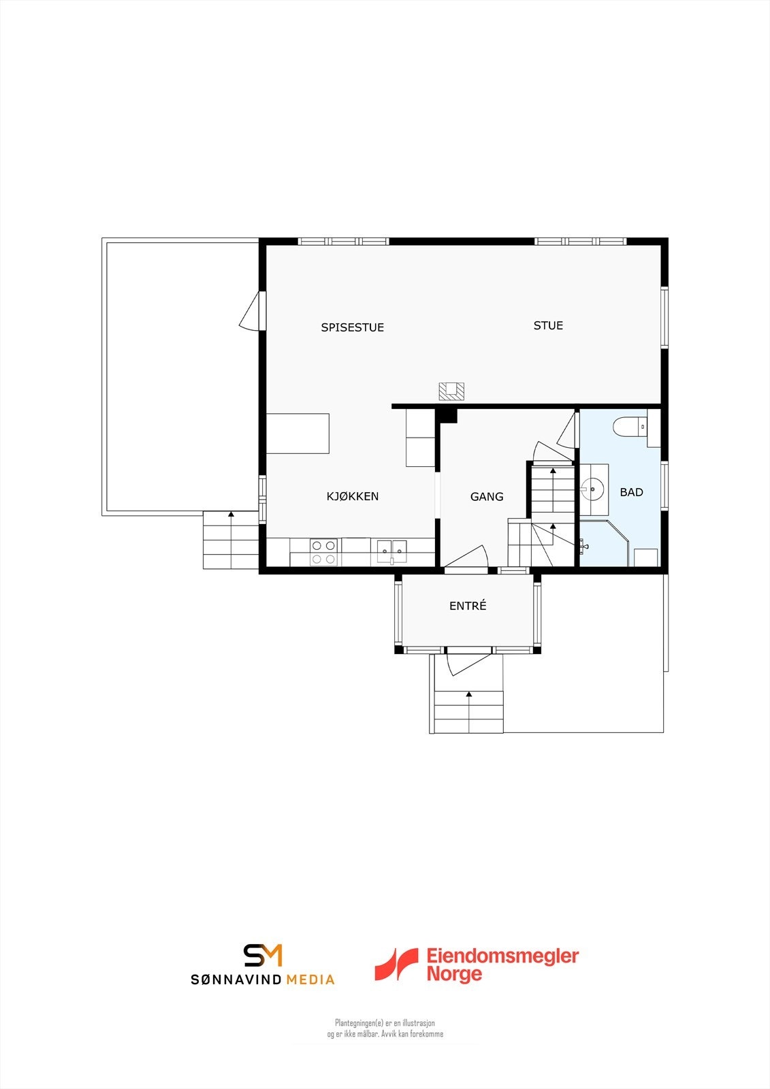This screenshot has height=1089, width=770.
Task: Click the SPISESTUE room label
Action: (352, 327)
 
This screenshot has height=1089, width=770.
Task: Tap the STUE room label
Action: (548, 325)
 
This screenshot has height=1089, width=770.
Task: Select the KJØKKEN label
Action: (353, 496)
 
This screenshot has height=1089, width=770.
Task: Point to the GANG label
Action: (487, 497)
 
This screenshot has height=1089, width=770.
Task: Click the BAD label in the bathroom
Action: (631, 492)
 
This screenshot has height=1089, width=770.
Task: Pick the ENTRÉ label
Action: (468, 606)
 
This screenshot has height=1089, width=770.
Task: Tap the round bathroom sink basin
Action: (593, 487)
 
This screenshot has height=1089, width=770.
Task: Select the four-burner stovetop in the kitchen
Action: (323, 552)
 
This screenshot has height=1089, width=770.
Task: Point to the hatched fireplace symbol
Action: (451, 391)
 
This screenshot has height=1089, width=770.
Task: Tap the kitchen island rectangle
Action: (298, 434)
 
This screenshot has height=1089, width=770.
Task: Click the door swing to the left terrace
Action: (250, 314)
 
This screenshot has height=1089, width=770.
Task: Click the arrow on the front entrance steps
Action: (469, 694)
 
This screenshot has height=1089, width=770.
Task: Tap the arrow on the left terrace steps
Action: (231, 515)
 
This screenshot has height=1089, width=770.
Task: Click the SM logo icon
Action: (263, 955)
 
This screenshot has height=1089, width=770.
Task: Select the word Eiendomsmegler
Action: (502, 956)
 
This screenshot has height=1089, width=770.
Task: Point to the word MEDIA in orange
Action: (310, 980)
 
